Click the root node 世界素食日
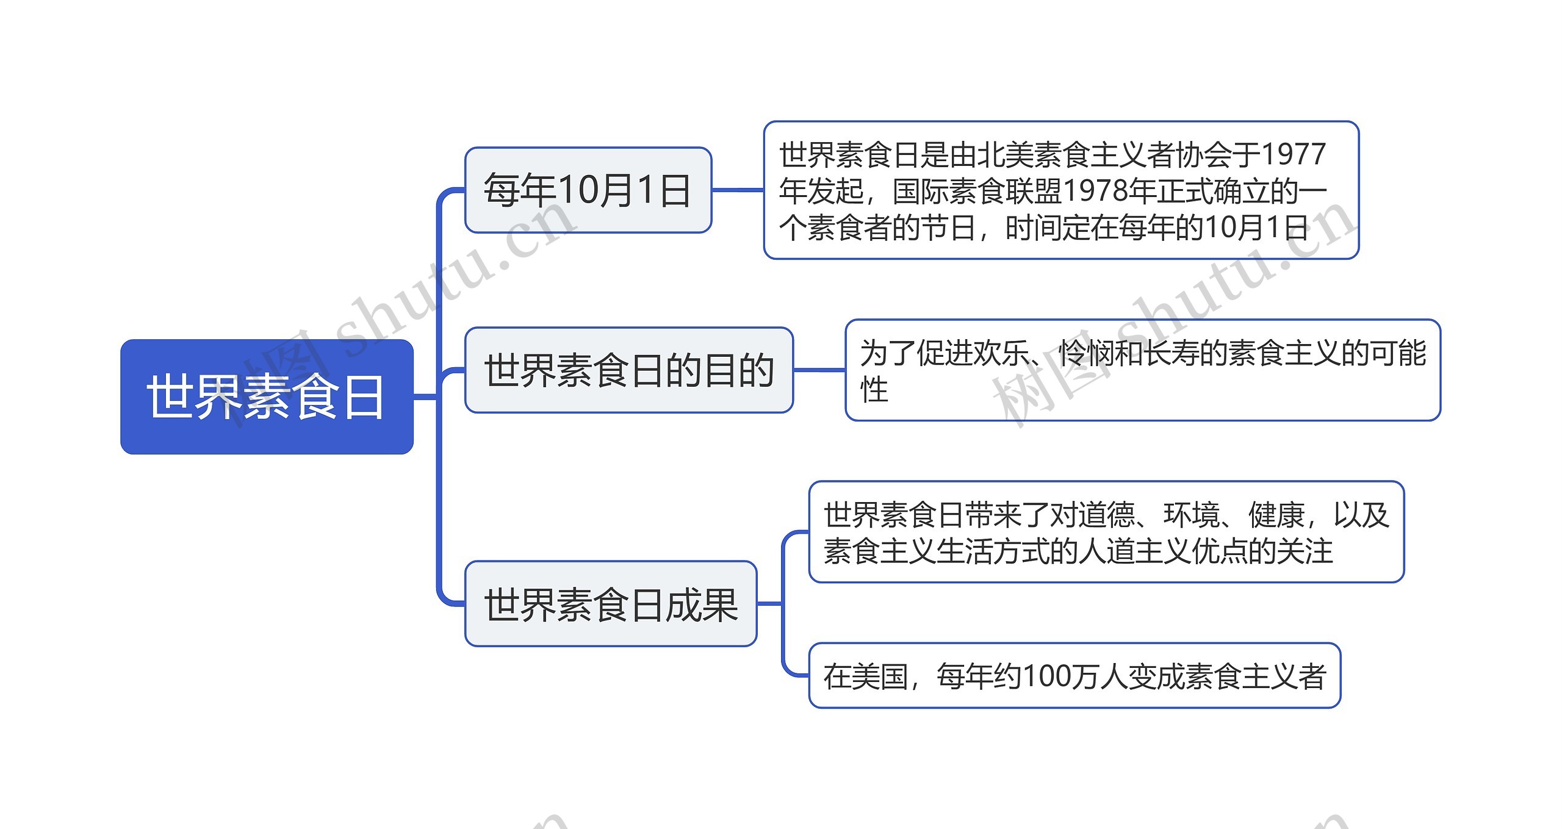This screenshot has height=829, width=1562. point(267,397)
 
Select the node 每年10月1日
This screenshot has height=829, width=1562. point(588,190)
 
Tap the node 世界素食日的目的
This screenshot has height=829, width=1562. point(628,370)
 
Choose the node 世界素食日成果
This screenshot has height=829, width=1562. point(611,604)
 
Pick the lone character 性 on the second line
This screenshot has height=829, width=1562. point(874,390)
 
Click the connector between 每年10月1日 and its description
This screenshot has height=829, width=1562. point(738,190)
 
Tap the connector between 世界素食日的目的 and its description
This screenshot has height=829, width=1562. point(819,370)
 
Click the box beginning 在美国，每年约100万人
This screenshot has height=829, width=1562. point(1074,676)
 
